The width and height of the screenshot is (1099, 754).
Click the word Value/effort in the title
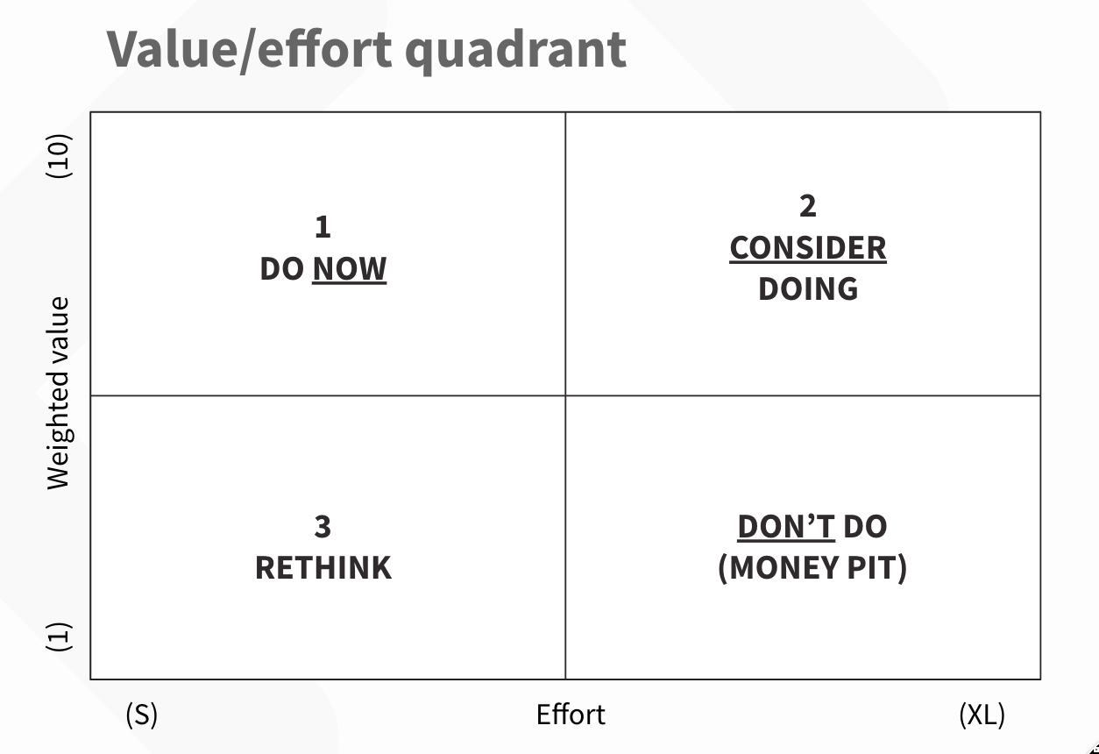click(x=250, y=49)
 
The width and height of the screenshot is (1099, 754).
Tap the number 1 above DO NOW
click(x=323, y=228)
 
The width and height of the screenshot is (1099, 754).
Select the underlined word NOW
click(x=349, y=269)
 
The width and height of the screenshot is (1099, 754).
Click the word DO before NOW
click(x=281, y=269)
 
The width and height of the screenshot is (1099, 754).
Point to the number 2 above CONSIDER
click(x=807, y=206)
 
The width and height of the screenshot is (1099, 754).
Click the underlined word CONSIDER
click(x=807, y=248)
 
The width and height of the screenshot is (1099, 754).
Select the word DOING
click(x=807, y=289)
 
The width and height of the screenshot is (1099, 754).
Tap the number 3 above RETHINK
click(x=323, y=527)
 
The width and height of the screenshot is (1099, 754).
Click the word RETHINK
click(x=323, y=568)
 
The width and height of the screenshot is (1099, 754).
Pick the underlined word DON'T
click(x=785, y=527)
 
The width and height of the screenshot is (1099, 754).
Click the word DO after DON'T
click(x=865, y=527)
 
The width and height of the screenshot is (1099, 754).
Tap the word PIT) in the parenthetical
click(x=878, y=568)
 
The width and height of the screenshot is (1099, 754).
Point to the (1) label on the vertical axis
click(x=59, y=637)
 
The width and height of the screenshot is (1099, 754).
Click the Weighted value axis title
click(x=59, y=393)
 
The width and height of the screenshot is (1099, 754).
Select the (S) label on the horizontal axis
click(x=141, y=715)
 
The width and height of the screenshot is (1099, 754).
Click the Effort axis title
click(x=571, y=715)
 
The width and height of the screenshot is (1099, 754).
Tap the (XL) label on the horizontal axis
click(x=982, y=715)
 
